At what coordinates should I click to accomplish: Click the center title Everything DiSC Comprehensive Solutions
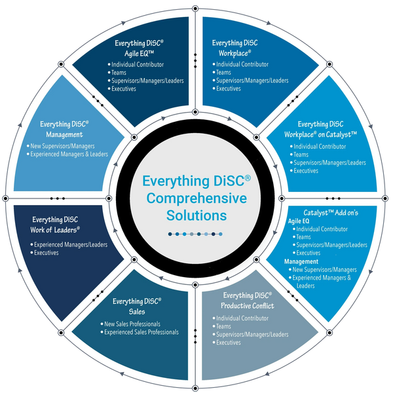pos(196,198)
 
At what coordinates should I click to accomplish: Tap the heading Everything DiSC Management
pos(65,128)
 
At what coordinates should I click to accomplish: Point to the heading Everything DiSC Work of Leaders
pos(56,225)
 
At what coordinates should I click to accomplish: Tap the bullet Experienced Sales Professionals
pos(141,332)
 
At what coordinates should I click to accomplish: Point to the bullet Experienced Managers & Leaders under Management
pos(69,154)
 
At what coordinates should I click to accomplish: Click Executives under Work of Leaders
pos(47,252)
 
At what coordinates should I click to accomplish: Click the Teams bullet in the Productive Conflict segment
pos(225,326)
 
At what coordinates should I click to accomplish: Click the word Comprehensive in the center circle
pos(196,198)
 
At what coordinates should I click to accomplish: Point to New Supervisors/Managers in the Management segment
pos(64,145)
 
